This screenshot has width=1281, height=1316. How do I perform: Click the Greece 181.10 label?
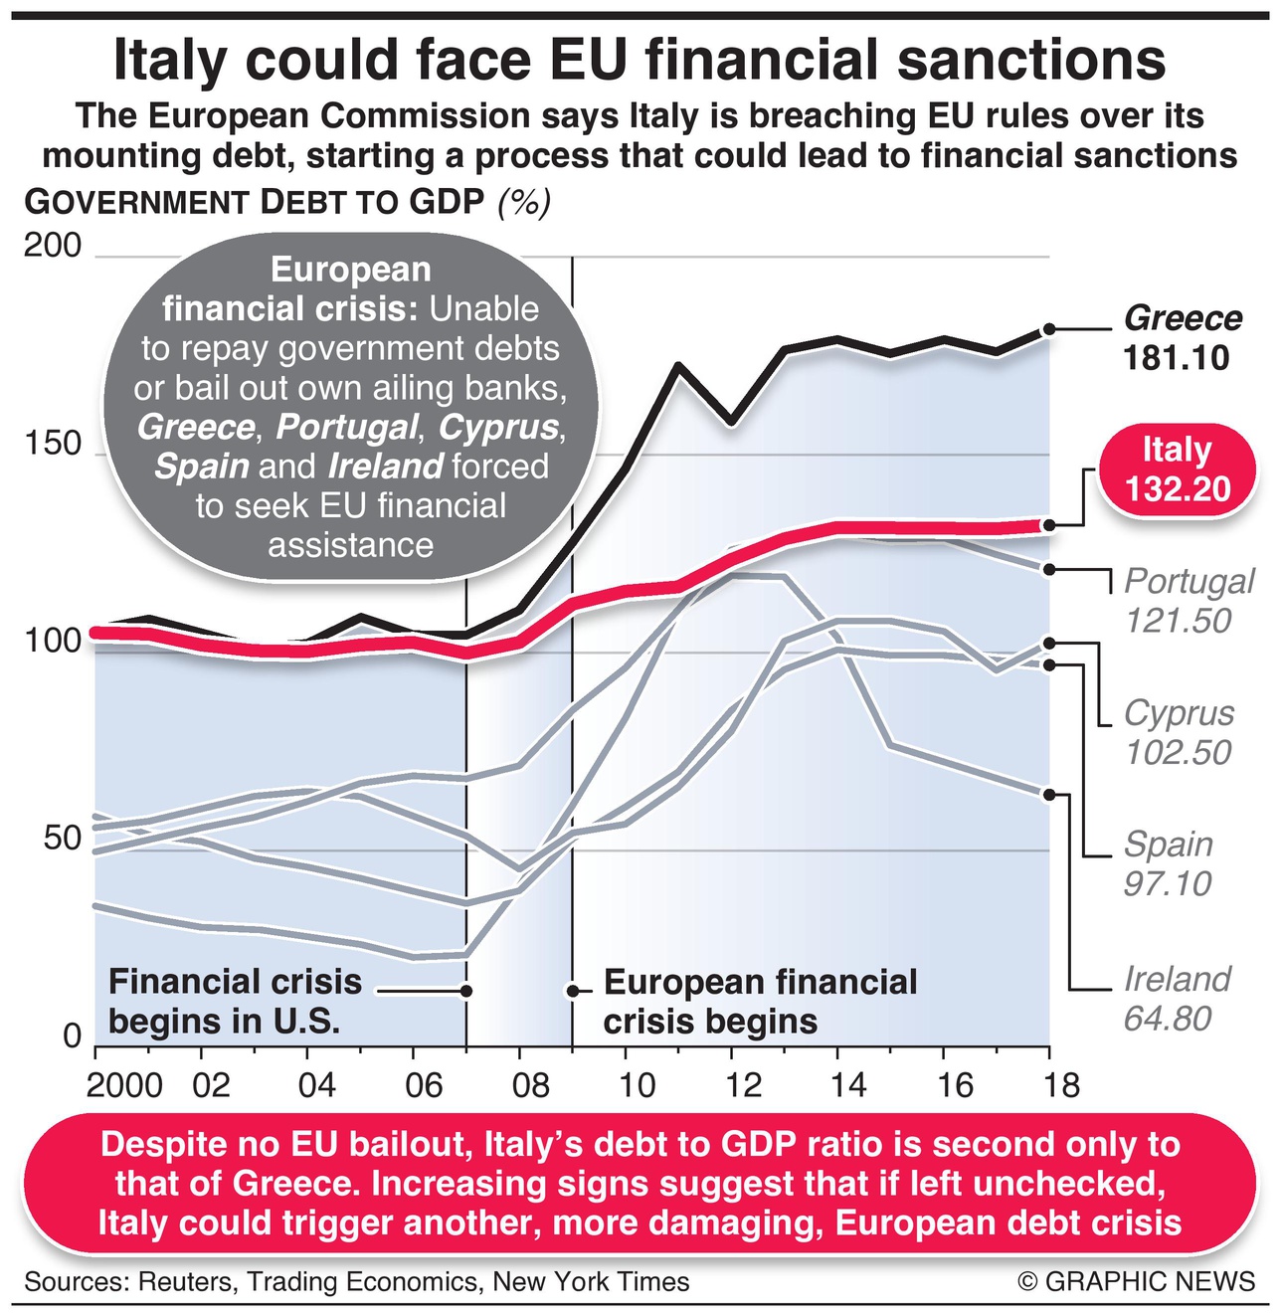pyautogui.click(x=1182, y=338)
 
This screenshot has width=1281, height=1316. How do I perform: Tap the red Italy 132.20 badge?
pyautogui.click(x=1178, y=470)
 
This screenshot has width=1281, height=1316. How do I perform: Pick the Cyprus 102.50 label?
pyautogui.click(x=1178, y=732)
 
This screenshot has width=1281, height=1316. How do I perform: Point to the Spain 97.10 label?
pyautogui.click(x=1168, y=863)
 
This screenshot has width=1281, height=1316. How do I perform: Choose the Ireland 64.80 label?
pyautogui.click(x=1176, y=999)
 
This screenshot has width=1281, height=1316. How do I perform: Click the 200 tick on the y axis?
pyautogui.click(x=52, y=246)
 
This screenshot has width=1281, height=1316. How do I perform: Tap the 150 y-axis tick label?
pyautogui.click(x=52, y=444)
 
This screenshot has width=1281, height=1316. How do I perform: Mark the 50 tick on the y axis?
pyautogui.click(x=62, y=839)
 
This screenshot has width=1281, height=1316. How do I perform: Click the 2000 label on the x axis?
pyautogui.click(x=124, y=1084)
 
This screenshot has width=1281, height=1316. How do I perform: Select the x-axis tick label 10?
pyautogui.click(x=636, y=1084)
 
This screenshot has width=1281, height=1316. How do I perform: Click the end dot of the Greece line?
pyautogui.click(x=1048, y=330)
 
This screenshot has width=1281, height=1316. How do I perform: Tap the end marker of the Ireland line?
pyautogui.click(x=1048, y=794)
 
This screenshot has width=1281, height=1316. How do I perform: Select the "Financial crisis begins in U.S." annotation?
pyautogui.click(x=235, y=1002)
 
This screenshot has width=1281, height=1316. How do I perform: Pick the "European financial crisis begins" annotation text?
pyautogui.click(x=760, y=1002)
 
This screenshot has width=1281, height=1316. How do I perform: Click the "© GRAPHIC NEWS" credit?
pyautogui.click(x=1137, y=1281)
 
